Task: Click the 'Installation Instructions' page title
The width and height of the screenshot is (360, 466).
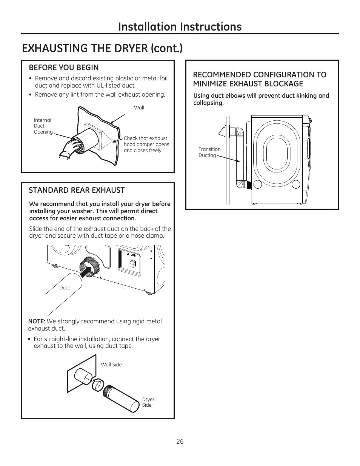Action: [180, 26]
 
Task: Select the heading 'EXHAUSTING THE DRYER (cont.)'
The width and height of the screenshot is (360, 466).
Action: [102, 48]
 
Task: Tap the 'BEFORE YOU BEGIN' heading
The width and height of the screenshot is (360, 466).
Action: [64, 68]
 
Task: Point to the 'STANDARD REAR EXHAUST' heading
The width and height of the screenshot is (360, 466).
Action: [77, 190]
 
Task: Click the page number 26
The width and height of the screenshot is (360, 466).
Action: [180, 441]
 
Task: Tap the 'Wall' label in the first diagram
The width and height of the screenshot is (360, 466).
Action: [139, 108]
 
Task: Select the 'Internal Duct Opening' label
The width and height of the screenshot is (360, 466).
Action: [43, 126]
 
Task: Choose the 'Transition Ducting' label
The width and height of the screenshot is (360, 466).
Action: [209, 152]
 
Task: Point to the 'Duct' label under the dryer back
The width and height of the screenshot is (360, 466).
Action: [65, 288]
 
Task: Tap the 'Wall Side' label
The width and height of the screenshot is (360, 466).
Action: [111, 365]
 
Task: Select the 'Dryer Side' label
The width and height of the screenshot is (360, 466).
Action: [148, 402]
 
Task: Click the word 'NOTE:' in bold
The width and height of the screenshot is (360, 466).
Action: [37, 321]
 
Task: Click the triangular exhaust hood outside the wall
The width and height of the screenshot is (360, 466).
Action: [222, 132]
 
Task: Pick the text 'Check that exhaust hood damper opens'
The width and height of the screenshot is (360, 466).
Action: [146, 141]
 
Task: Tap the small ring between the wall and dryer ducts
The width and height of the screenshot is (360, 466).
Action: [98, 385]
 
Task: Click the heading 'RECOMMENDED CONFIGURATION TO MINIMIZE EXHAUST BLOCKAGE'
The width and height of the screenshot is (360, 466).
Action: [260, 79]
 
